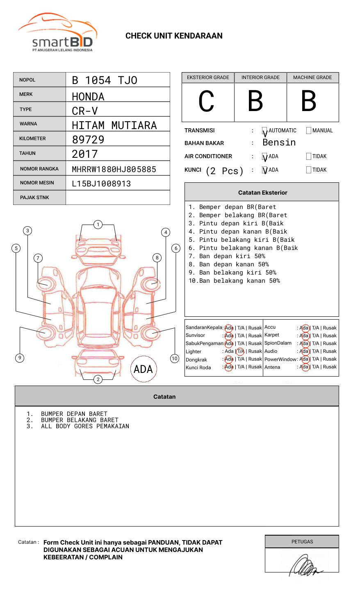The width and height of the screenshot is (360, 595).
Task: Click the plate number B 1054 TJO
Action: click(105, 80)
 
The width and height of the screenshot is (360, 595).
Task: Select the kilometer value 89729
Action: click(88, 140)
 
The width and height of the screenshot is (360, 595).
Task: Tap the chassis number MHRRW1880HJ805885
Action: click(114, 169)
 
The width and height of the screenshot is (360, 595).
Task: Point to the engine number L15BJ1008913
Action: click(101, 184)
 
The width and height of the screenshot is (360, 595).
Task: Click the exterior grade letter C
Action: click(206, 101)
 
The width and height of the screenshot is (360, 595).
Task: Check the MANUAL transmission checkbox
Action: click(309, 131)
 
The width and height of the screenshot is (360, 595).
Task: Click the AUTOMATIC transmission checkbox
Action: click(265, 131)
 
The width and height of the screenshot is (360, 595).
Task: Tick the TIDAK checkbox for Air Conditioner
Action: click(309, 157)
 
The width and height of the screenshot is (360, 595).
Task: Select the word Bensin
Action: click(279, 143)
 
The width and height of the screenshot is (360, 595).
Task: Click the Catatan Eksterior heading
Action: click(262, 193)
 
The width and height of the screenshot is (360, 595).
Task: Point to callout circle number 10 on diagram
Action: click(175, 359)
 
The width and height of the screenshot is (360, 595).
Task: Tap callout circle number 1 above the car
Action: click(98, 224)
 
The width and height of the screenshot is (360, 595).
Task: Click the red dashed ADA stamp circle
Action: click(143, 369)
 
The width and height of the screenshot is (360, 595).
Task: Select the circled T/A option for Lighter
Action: click(240, 351)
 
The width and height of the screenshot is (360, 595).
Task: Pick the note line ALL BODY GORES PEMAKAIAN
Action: click(85, 427)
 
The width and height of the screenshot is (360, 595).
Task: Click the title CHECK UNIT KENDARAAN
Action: click(174, 36)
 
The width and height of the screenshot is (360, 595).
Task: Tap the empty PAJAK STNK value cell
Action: click(118, 198)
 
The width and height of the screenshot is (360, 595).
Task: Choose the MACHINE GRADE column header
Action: click(312, 77)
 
